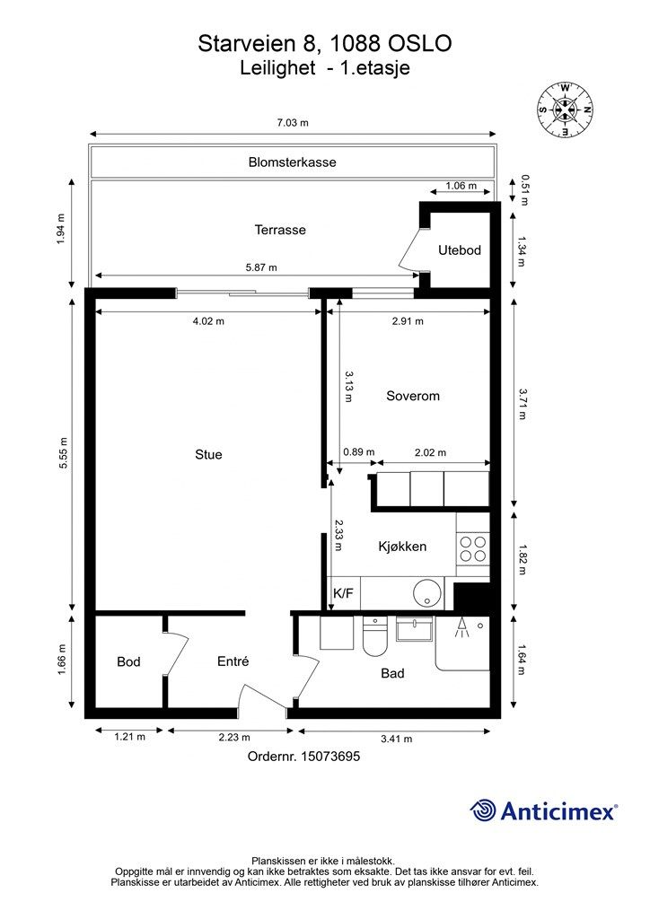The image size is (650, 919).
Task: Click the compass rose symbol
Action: pyautogui.click(x=565, y=109)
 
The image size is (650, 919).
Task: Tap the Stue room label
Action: pyautogui.click(x=208, y=454)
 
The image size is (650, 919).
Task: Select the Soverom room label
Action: pyautogui.click(x=413, y=396)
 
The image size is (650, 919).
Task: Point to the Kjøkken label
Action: pyautogui.click(x=401, y=547)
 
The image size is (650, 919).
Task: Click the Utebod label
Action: pyautogui.click(x=460, y=250)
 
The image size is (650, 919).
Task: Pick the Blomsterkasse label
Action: pyautogui.click(x=292, y=162)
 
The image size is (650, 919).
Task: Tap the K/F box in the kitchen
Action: pyautogui.click(x=343, y=593)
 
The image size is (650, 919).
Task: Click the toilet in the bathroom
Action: pyautogui.click(x=373, y=643)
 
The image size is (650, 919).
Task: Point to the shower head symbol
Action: pyautogui.click(x=461, y=626)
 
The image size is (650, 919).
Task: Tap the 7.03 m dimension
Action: pyautogui.click(x=292, y=123)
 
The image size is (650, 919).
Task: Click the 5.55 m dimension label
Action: pyautogui.click(x=63, y=458)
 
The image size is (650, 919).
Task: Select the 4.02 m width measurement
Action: pyautogui.click(x=208, y=320)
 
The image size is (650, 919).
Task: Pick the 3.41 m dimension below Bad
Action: pyautogui.click(x=396, y=739)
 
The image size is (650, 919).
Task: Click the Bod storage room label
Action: pyautogui.click(x=128, y=662)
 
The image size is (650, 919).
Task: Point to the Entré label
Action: pyautogui.click(x=233, y=661)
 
